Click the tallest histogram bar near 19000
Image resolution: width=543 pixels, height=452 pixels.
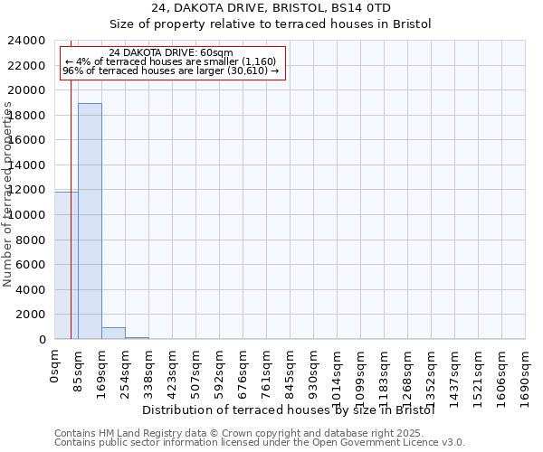(x=90, y=221)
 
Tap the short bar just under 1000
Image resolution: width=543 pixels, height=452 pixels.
(x=113, y=333)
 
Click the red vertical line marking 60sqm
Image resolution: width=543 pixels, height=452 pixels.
(x=71, y=226)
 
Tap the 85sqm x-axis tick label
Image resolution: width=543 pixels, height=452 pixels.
(x=79, y=369)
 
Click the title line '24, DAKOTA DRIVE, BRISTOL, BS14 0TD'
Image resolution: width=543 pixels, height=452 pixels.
(x=271, y=8)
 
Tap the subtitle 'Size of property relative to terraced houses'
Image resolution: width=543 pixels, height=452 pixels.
(x=271, y=24)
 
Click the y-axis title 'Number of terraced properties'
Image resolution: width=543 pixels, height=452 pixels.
(x=8, y=193)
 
